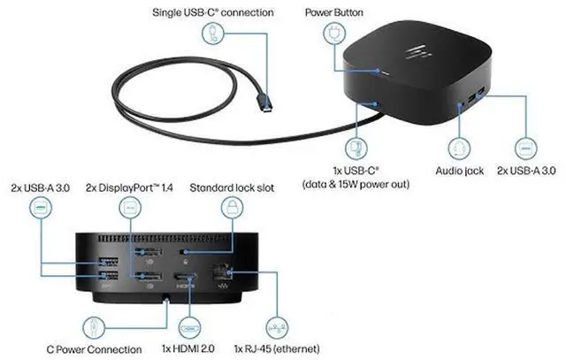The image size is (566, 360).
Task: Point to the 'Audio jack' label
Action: click(x=459, y=170)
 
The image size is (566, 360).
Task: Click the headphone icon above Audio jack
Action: click(x=459, y=146)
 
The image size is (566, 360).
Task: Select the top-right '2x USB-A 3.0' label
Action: click(x=526, y=170)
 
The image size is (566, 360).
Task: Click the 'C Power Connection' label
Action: click(x=93, y=348)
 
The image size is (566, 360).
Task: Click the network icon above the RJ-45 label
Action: click(x=276, y=324)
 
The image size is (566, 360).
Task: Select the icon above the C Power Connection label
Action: click(x=94, y=324)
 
